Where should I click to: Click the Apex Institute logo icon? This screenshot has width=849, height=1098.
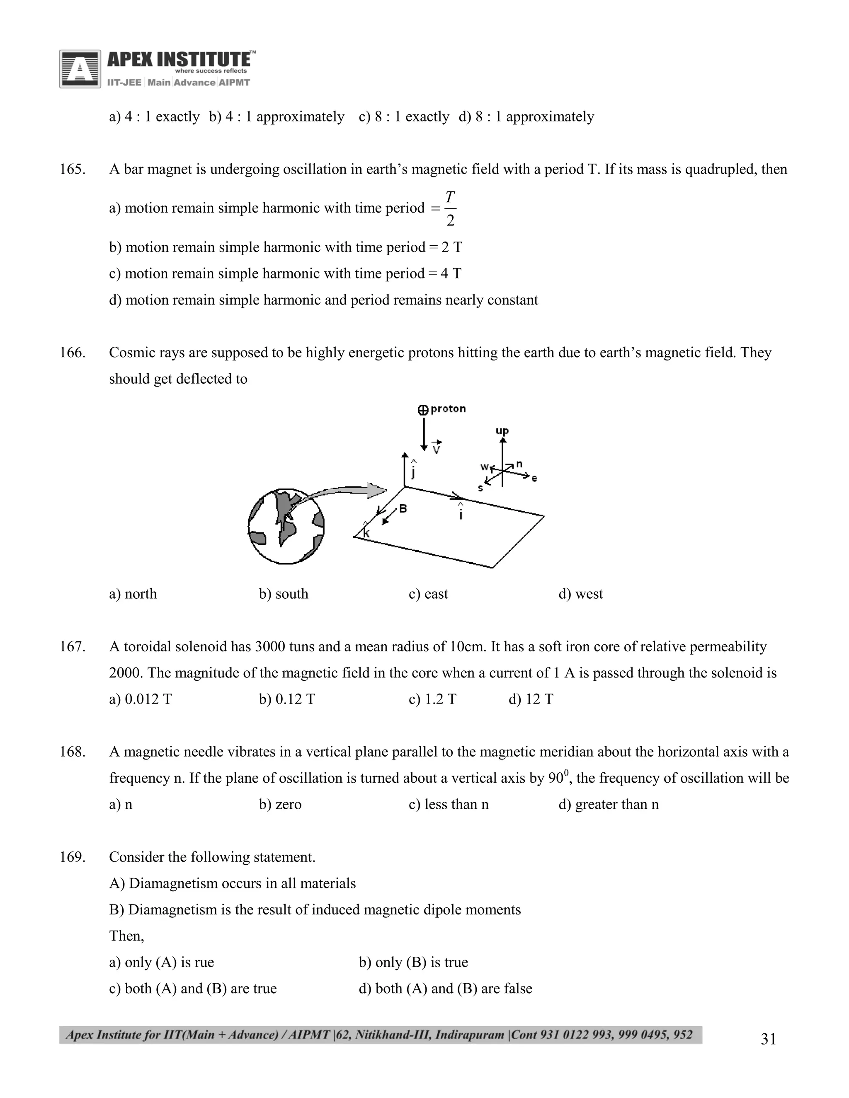[80, 69]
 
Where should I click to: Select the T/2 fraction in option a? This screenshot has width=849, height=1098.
[450, 208]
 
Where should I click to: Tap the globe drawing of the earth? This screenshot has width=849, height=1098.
[286, 526]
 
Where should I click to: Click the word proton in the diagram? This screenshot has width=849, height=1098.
[448, 409]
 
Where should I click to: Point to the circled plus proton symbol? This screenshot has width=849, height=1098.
[423, 410]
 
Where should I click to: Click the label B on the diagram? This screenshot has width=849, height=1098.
[403, 509]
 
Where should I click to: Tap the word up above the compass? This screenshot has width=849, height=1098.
[502, 431]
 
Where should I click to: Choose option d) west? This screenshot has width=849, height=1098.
[580, 594]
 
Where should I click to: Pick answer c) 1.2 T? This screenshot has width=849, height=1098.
[432, 699]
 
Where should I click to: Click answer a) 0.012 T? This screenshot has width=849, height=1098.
[141, 699]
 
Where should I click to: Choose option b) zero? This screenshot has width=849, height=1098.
[280, 804]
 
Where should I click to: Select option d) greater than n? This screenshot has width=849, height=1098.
[609, 804]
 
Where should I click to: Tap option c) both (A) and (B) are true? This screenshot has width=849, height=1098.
[193, 988]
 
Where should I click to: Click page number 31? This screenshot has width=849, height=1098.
[769, 1039]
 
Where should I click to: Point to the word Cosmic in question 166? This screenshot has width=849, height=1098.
[132, 353]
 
